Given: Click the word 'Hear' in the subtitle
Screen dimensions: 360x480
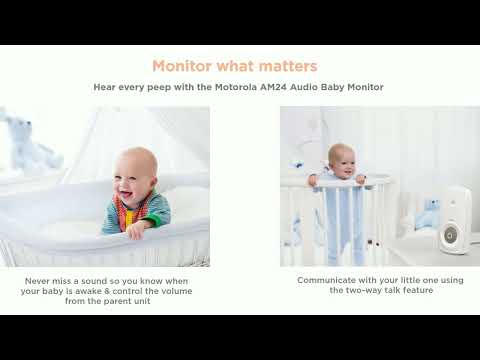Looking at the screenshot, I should [x=104, y=88].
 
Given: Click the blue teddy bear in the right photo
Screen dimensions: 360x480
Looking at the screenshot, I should [x=429, y=212].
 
